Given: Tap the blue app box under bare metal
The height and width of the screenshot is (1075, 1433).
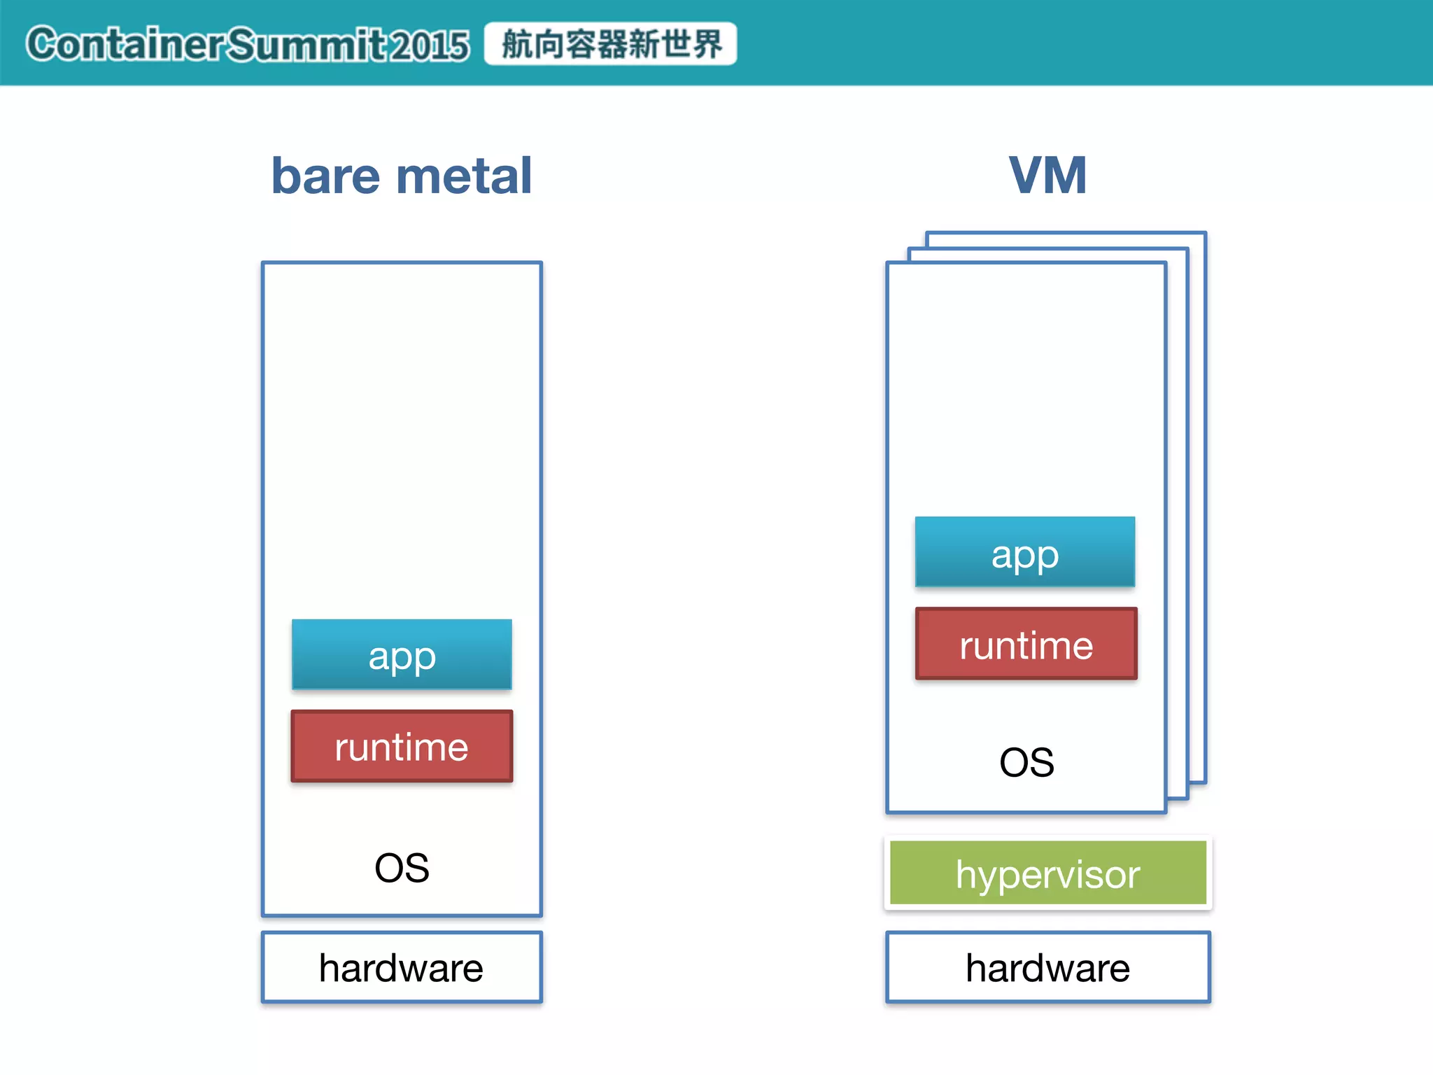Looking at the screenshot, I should click(402, 654).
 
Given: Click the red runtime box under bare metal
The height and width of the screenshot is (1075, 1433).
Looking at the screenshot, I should click(402, 746).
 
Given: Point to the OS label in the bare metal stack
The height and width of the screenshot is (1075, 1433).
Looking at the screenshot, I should click(402, 868).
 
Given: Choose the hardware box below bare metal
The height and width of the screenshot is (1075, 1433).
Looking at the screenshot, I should click(402, 967).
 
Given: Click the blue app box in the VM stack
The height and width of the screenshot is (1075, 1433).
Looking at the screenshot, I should click(1025, 552).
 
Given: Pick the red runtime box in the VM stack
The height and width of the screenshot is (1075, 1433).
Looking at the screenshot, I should click(1026, 644).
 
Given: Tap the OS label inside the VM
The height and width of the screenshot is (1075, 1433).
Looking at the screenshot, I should click(1026, 762).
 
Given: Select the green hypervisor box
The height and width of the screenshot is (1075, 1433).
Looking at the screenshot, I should click(1047, 873).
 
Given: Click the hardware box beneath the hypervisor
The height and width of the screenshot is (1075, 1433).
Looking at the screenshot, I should click(1047, 967).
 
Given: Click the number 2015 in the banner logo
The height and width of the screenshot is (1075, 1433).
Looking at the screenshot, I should click(429, 45).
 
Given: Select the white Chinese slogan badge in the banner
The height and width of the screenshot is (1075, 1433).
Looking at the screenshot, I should click(610, 43).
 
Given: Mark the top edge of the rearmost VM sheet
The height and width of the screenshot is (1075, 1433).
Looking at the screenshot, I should click(1066, 233).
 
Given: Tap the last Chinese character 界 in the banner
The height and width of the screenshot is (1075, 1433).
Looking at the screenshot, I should click(707, 44).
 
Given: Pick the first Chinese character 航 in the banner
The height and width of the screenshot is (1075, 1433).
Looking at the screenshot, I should click(518, 44).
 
